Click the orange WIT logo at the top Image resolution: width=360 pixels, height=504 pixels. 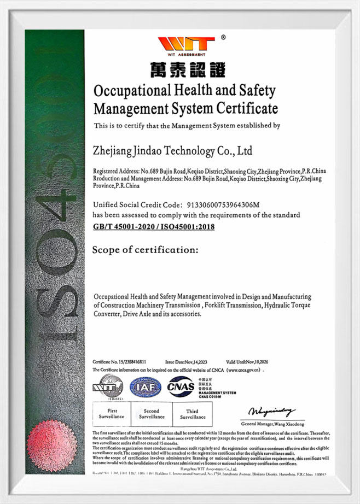tap(185, 44)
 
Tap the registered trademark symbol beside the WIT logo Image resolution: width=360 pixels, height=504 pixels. tap(223, 37)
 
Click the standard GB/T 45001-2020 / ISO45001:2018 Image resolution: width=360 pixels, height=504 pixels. tap(154, 226)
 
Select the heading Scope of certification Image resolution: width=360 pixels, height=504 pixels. tap(145, 250)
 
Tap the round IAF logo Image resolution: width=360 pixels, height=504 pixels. tap(145, 387)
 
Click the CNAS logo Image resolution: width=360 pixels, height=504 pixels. tap(181, 386)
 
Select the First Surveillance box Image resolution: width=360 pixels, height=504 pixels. tap(112, 414)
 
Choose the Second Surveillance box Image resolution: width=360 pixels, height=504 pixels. tap(152, 414)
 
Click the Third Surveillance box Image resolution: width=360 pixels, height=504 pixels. tap(192, 414)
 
